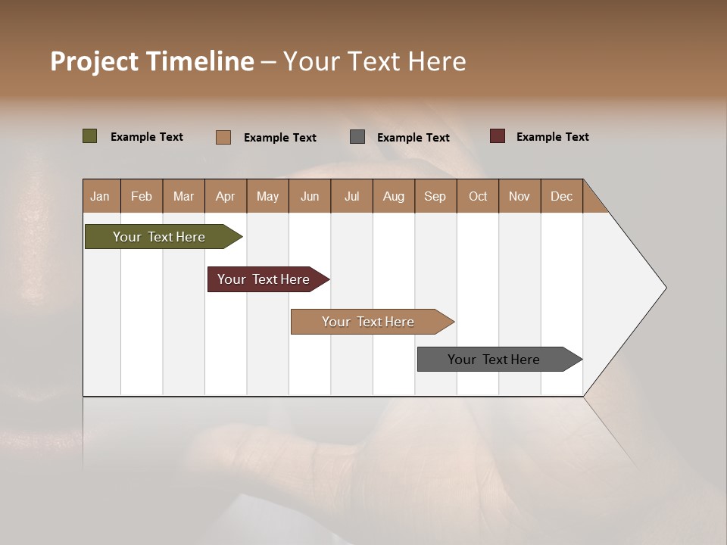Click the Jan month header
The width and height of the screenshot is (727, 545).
101,196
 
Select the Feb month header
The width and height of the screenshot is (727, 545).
142,196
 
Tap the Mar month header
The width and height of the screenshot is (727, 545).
183,196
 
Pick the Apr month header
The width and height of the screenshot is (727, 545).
226,196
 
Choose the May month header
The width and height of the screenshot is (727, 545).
267,196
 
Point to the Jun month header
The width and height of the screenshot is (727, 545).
310,196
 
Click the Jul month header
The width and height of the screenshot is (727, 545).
351,196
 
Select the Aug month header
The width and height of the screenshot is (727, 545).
394,196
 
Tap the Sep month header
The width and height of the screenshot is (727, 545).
435,196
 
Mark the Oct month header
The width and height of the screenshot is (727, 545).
478,196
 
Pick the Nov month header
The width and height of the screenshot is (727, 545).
520,196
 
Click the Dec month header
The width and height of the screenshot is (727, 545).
562,196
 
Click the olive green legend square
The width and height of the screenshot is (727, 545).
90,136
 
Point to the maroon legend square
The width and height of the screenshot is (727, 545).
498,136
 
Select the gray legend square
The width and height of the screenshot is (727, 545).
357,136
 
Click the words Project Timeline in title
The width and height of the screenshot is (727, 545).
152,61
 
